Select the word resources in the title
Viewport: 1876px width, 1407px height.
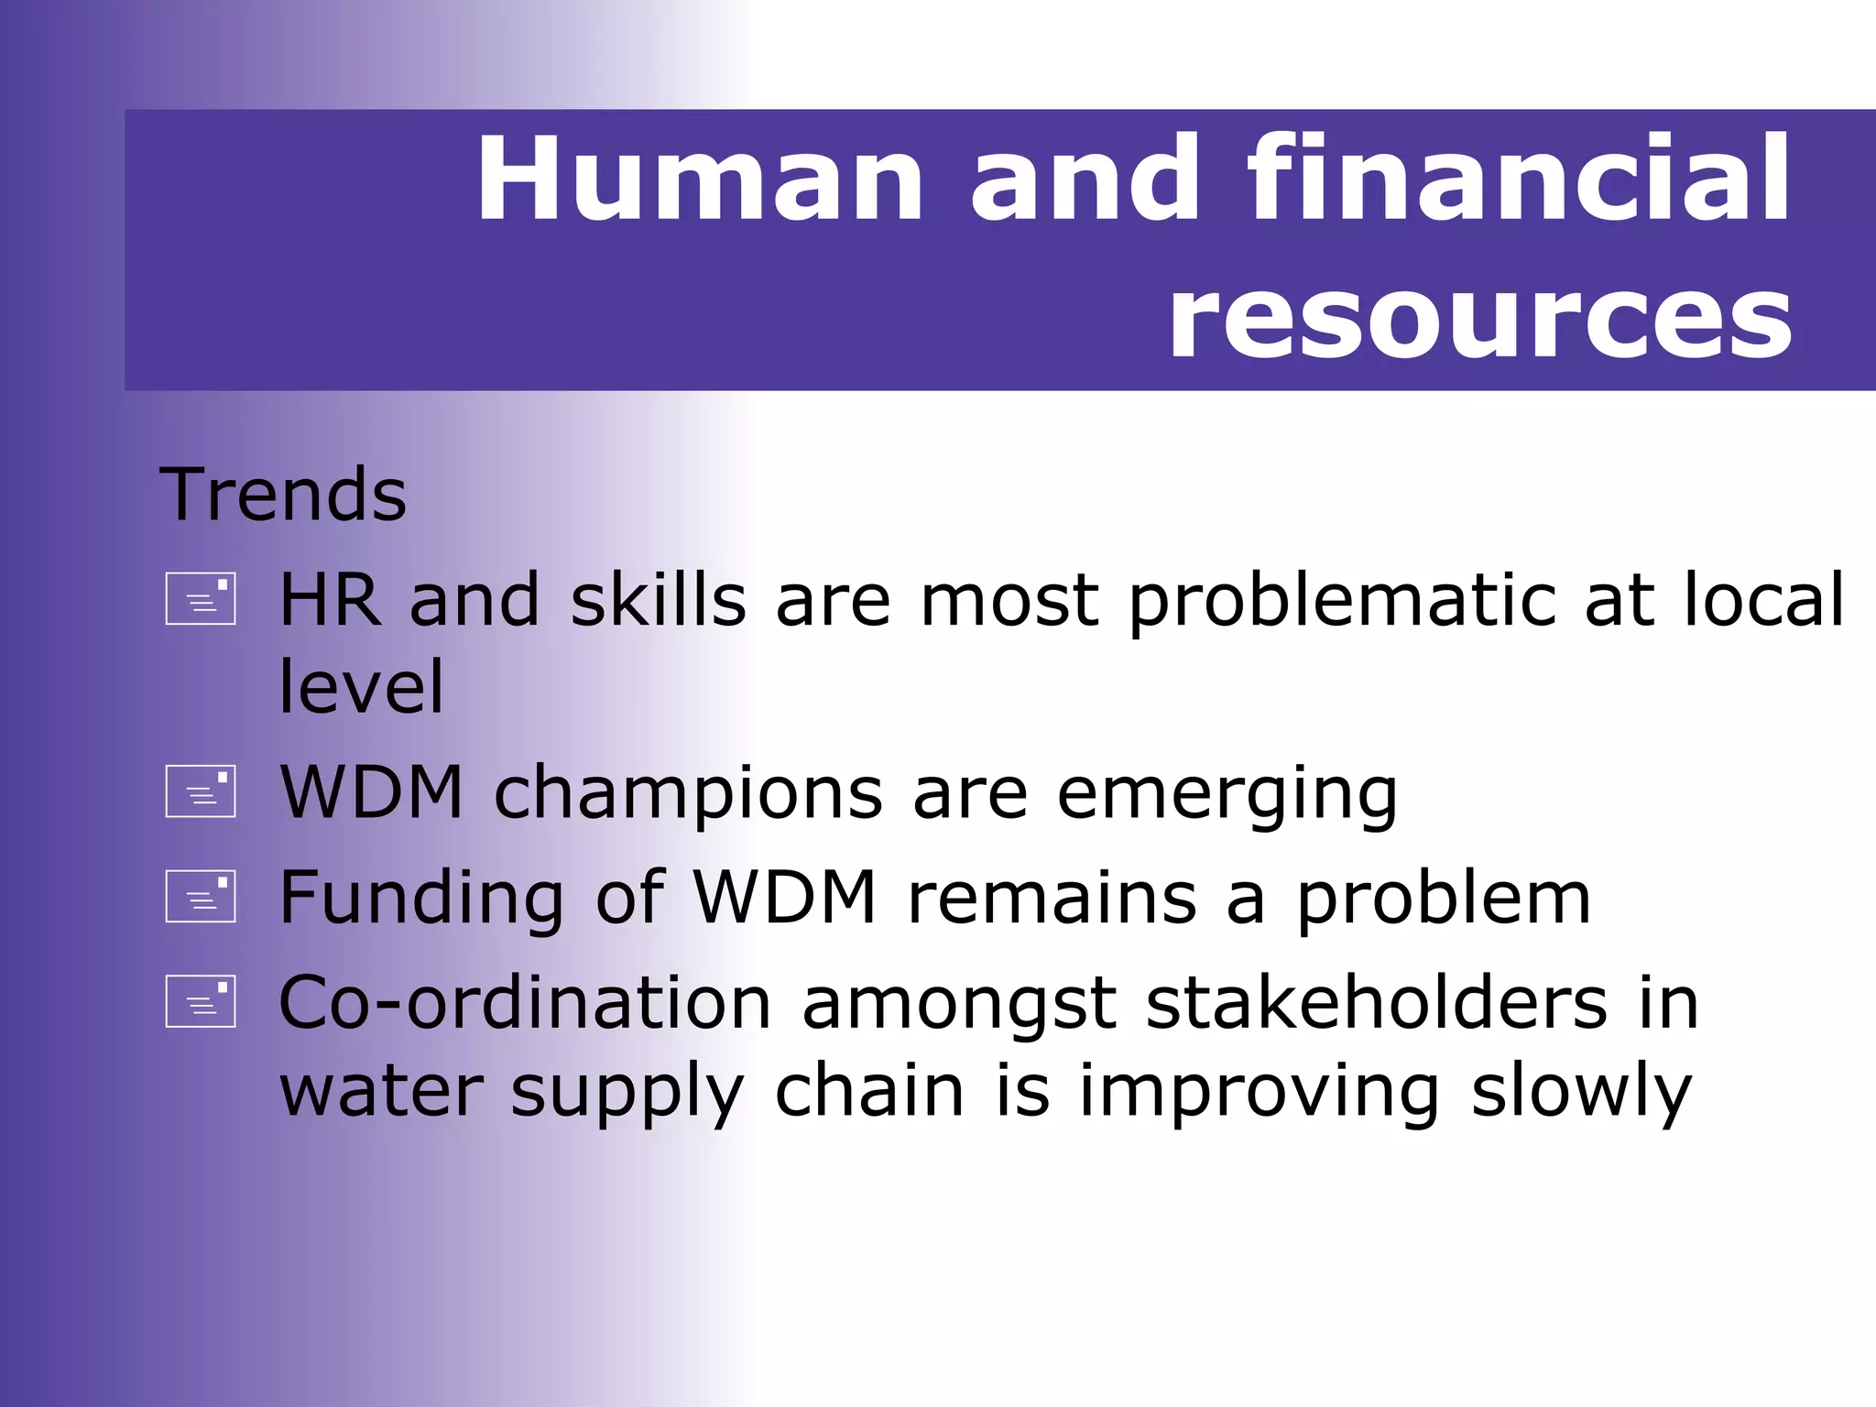tap(1479, 318)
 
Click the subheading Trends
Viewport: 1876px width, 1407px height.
tap(283, 495)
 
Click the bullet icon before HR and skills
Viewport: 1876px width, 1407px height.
tap(201, 599)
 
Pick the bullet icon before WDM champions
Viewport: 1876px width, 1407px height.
tap(201, 791)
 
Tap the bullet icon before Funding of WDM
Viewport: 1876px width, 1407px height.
tap(201, 896)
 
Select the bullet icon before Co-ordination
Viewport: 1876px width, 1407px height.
tap(201, 1001)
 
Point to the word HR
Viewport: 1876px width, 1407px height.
tap(329, 601)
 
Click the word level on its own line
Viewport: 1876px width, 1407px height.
tap(361, 687)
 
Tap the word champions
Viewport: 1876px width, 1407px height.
tap(689, 793)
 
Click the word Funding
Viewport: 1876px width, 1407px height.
tap(421, 899)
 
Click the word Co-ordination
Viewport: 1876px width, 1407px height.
tap(525, 1003)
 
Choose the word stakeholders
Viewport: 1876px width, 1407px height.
tap(1376, 1003)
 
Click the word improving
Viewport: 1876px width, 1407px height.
tap(1259, 1091)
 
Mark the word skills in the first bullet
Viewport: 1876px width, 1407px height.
tap(658, 601)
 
